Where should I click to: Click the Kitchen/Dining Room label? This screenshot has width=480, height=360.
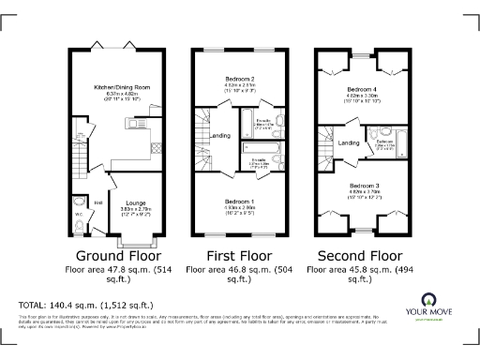pyautogui.click(x=116, y=86)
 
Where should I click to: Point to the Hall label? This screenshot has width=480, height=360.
pyautogui.click(x=97, y=201)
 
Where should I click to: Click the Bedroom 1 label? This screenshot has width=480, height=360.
pyautogui.click(x=241, y=202)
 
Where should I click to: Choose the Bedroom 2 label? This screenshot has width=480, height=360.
pyautogui.click(x=240, y=80)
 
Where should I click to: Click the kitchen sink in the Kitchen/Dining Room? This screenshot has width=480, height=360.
pyautogui.click(x=135, y=123)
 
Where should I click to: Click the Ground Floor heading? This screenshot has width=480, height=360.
pyautogui.click(x=115, y=255)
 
